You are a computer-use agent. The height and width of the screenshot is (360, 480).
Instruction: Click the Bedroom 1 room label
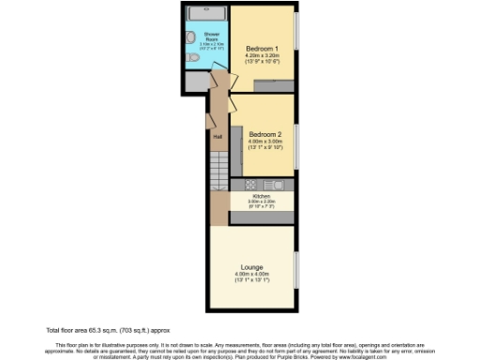(263, 48)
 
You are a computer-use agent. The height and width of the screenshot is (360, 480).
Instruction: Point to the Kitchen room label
(260, 195)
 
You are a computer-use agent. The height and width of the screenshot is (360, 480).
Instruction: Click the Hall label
(217, 137)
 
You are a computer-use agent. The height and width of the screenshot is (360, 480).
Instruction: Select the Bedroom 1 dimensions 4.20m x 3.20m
(263, 55)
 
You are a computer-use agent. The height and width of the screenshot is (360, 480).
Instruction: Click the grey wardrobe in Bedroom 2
(240, 140)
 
